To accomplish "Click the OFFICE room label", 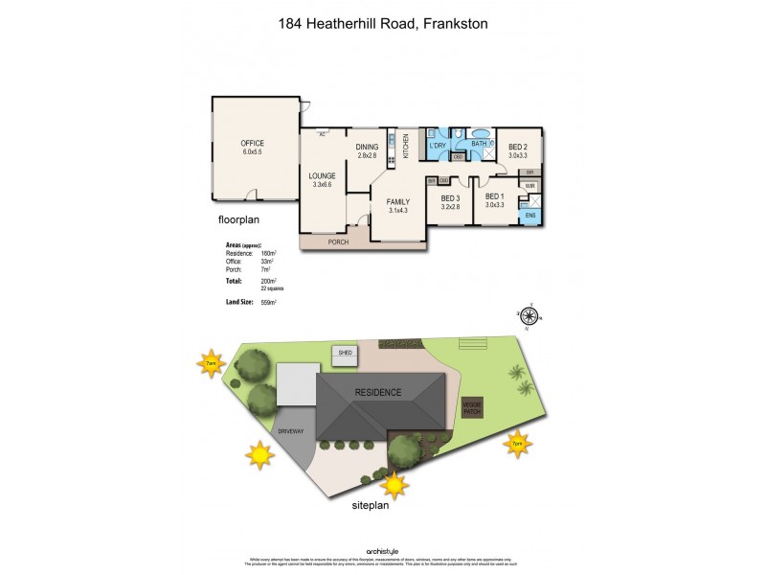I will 252,143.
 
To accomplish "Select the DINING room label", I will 368,147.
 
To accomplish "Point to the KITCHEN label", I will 405,147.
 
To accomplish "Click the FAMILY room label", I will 398,202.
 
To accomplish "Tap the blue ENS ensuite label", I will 530,216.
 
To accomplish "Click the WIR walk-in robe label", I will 529,185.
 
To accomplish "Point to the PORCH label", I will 339,241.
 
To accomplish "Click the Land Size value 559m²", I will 269,302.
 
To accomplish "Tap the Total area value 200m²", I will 269,281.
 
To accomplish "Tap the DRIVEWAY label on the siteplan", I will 291,431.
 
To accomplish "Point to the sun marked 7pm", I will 517,444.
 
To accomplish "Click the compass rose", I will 527,317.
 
